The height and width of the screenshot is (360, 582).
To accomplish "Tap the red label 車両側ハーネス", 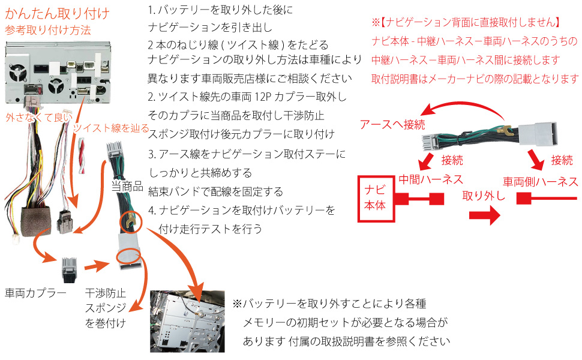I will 540,182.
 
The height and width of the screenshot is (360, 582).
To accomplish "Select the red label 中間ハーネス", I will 431,179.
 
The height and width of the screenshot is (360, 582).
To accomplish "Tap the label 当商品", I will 127,187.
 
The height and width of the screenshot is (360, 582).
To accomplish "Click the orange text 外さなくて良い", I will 37,118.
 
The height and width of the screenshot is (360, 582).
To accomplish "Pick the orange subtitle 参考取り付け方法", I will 47,29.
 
